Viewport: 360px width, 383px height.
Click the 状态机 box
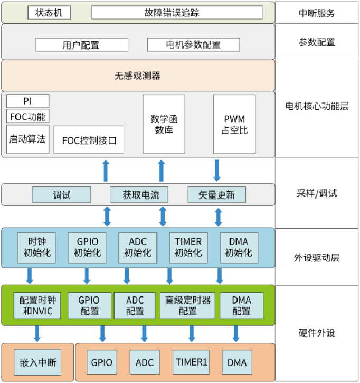[x=49, y=12]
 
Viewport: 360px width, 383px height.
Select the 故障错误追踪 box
[x=177, y=12]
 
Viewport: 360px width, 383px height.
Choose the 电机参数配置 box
[x=193, y=45]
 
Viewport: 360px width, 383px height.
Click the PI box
[x=27, y=101]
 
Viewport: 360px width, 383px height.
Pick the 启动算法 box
[x=27, y=139]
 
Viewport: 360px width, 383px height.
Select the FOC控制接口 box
[x=89, y=140]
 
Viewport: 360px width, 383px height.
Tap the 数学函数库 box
[x=162, y=124]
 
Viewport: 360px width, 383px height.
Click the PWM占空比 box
[x=234, y=124]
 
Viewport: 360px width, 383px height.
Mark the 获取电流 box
[x=138, y=194]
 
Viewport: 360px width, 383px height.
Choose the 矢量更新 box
[x=216, y=194]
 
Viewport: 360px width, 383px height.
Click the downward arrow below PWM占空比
[x=217, y=170]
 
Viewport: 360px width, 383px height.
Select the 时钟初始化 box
[x=37, y=247]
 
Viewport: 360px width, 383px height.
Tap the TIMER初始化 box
[x=188, y=247]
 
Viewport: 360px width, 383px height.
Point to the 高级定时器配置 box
[x=188, y=305]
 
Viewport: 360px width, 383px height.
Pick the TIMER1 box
[x=191, y=362]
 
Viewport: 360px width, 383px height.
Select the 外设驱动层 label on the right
[x=317, y=258]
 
